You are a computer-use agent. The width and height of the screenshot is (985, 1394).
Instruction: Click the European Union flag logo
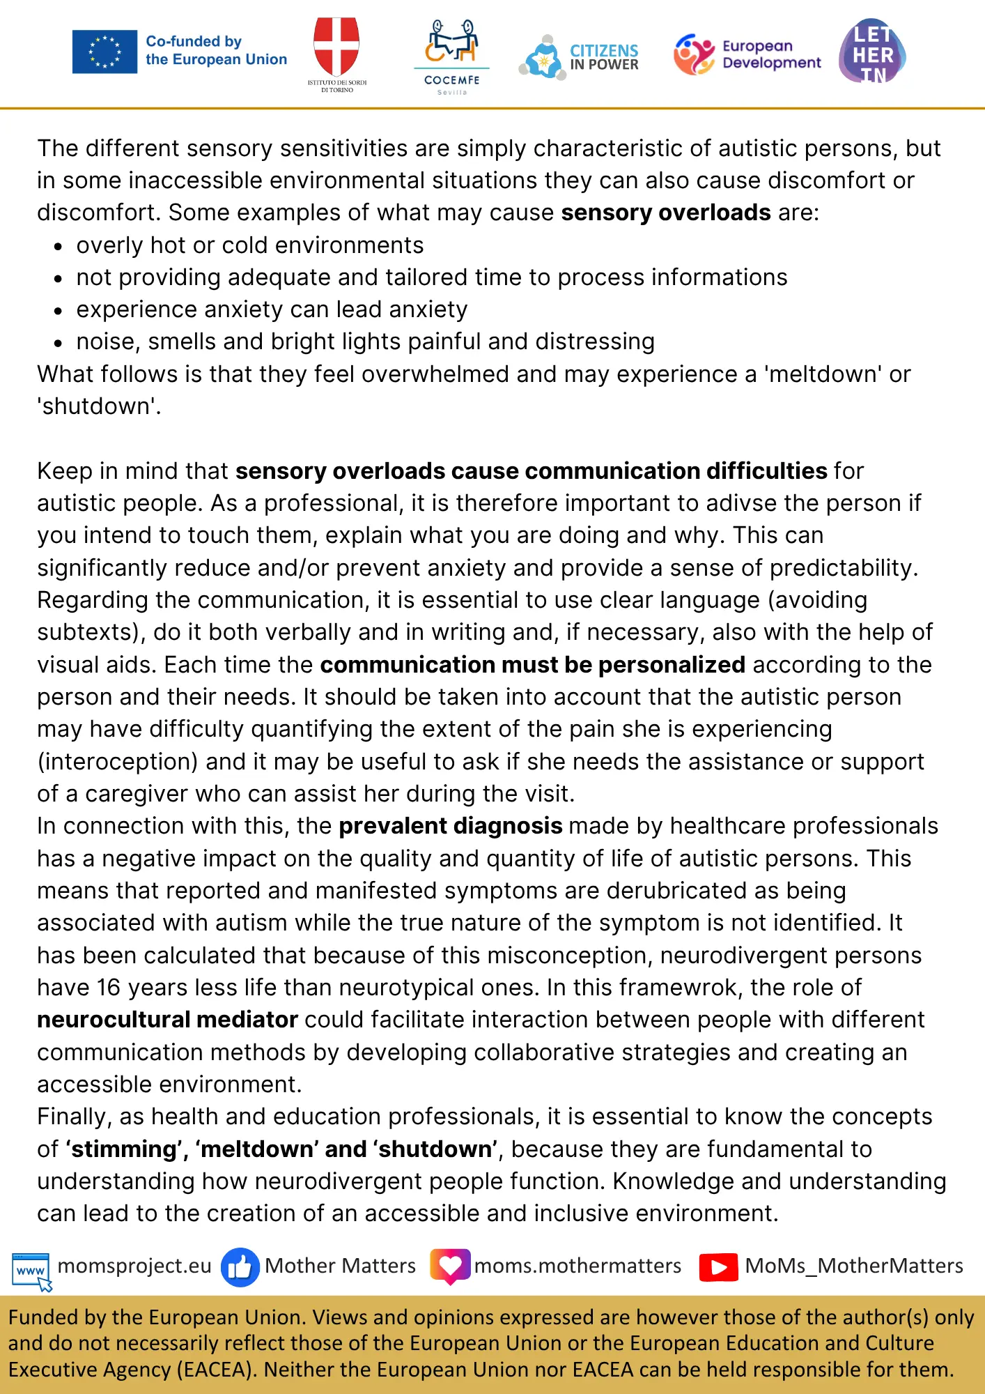[x=104, y=52]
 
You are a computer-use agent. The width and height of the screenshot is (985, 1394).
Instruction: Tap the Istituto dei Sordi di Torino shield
[x=336, y=46]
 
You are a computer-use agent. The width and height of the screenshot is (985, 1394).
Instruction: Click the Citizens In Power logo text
[x=603, y=57]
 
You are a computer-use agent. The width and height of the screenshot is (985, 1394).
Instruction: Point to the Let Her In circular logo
[x=872, y=52]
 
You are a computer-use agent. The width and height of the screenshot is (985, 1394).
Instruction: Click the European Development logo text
[x=771, y=54]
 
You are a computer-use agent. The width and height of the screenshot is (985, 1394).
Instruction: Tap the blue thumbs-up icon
[x=240, y=1267]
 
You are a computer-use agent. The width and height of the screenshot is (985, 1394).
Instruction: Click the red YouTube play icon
[x=718, y=1267]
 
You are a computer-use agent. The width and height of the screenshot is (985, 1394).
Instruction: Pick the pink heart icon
[x=450, y=1266]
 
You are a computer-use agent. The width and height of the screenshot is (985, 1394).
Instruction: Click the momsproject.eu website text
[x=134, y=1266]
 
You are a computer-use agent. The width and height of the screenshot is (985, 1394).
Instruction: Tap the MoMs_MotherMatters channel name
[x=854, y=1266]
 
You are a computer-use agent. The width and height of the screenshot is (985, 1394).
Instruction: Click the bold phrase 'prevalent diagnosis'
[x=450, y=826]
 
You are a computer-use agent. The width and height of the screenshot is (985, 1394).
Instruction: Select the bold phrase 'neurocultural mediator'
[x=167, y=1020]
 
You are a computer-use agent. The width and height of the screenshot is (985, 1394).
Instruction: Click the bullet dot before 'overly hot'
[x=59, y=247]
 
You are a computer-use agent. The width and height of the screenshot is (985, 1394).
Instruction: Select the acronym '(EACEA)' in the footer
[x=216, y=1370]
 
